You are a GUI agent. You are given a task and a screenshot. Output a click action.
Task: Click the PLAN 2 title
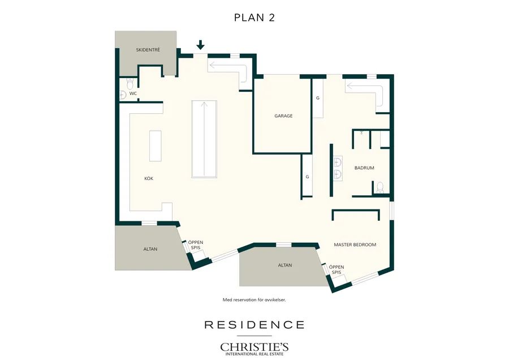pos(254,18)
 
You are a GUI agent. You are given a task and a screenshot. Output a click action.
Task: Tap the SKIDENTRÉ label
pos(148,50)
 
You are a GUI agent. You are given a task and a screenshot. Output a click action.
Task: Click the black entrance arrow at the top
pos(200,45)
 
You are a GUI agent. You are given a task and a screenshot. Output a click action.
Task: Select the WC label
pos(133,93)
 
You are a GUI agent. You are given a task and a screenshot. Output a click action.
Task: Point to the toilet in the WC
pos(130,84)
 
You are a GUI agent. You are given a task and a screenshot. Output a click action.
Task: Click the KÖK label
pos(149,178)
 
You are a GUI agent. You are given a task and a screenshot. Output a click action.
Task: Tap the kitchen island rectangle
pos(155,146)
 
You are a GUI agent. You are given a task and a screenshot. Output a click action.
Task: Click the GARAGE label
pos(283,115)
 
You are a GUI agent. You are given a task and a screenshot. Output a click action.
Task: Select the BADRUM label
pos(364,168)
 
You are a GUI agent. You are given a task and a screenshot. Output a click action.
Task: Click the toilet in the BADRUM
pos(380,188)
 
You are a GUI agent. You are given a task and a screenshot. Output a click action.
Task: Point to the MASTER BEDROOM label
pos(355,245)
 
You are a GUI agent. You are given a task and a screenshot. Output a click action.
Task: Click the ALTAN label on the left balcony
pos(150,249)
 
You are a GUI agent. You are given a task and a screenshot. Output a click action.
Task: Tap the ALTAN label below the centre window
pos(284,265)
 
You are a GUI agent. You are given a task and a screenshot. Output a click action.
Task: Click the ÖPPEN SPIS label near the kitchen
pos(196,245)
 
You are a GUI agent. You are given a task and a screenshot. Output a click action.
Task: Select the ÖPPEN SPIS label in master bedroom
pos(337,269)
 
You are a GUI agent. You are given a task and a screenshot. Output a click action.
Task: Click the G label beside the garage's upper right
pos(318,98)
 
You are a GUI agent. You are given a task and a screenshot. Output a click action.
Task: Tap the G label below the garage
pos(307,177)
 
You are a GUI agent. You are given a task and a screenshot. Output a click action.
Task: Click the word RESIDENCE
pos(255,324)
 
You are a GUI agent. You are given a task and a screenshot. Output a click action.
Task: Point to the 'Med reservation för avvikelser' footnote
pos(254,300)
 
